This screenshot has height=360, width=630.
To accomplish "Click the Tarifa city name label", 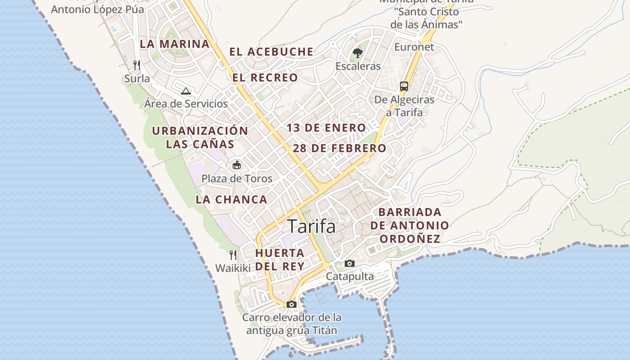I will (311, 226).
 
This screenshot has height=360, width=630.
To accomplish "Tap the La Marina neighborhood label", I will (175, 44).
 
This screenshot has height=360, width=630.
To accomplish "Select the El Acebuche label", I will (271, 52).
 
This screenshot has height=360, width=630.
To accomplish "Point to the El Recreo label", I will (265, 78).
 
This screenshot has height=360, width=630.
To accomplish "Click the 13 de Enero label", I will (326, 128).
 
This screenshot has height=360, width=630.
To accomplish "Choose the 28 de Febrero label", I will (339, 148).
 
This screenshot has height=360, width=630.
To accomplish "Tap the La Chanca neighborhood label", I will (231, 199).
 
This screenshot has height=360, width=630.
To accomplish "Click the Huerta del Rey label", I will (280, 259).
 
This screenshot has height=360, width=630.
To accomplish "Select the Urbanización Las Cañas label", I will (200, 137).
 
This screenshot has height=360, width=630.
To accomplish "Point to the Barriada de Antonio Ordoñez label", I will (409, 225).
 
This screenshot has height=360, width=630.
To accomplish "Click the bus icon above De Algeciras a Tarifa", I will (404, 86).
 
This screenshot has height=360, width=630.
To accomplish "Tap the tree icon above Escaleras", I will (358, 53).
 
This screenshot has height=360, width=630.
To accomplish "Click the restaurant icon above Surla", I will (137, 65).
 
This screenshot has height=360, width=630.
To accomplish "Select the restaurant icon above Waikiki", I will (233, 255).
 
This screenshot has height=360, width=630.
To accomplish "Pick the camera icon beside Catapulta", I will (350, 263).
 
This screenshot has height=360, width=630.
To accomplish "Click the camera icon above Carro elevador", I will (292, 304).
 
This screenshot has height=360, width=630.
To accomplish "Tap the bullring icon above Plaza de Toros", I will (237, 165).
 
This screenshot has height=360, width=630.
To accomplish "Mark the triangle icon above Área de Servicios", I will (185, 91).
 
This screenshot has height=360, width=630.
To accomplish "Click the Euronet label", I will (414, 47).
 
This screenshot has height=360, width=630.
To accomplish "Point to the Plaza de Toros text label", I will (237, 179).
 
